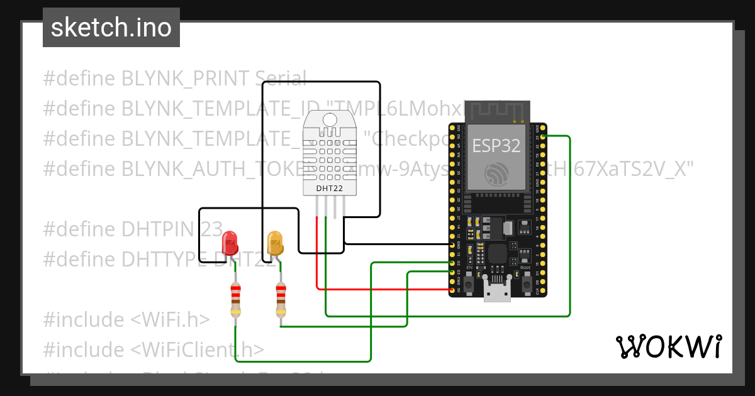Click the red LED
230,243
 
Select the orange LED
275,243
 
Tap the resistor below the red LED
235,299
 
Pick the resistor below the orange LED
281,299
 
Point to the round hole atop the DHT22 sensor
329,119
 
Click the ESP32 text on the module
496,146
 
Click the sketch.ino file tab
111,28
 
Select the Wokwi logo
668,346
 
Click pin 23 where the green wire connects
542,136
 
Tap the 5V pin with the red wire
452,290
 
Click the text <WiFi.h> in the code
170,320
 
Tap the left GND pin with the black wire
452,244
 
